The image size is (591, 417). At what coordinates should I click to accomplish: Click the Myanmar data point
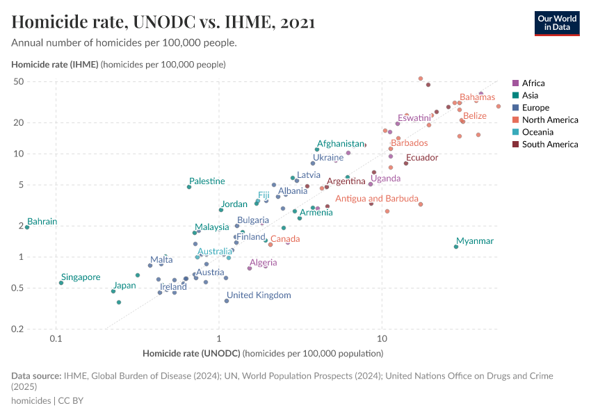[x=456, y=247]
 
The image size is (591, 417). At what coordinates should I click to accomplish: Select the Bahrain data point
[x=27, y=227]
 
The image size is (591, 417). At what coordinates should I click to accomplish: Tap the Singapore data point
[x=61, y=283]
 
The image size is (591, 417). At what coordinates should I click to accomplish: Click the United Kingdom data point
[x=227, y=301]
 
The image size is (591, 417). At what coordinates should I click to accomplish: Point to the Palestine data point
[x=189, y=187]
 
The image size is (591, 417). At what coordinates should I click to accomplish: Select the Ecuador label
[x=422, y=158]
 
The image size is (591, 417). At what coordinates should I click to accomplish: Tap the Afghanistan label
[x=341, y=144]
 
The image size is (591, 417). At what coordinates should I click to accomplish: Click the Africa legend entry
[x=533, y=83]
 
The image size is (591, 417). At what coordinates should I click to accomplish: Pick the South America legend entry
[x=549, y=145]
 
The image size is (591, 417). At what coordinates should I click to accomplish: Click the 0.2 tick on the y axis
[x=38, y=329]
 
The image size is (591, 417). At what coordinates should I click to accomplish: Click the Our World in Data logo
[x=557, y=23]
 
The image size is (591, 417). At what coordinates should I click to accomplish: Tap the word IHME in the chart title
[x=248, y=22]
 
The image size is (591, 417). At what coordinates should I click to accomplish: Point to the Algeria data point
[x=250, y=268]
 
